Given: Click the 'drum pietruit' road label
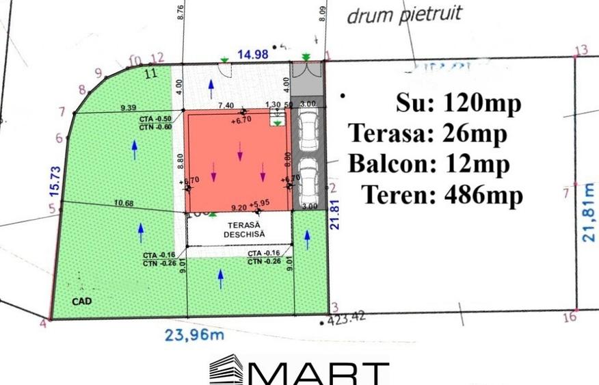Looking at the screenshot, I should coord(404,14).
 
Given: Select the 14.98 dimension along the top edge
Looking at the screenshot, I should coord(252,55).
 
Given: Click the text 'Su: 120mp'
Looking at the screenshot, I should coord(458,104).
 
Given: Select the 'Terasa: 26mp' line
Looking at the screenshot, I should coord(427,134).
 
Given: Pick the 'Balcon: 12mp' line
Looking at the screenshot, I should coord(429,164).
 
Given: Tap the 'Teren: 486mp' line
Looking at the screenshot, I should coord(442,195).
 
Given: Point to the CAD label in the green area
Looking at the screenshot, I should coord(81,300).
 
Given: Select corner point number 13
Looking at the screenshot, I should coord(582,50).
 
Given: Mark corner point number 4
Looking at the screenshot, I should coord(44,323).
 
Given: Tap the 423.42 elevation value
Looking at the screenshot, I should coord(348,319).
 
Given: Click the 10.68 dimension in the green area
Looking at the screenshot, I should coord(124,202).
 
